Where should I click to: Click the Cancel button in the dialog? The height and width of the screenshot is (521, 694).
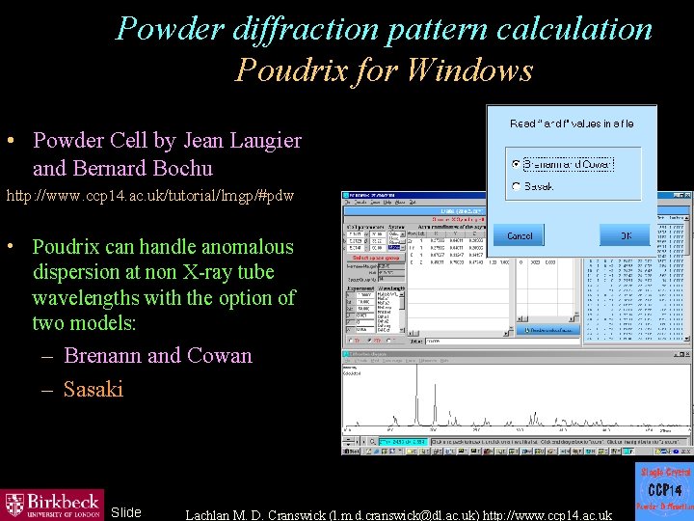[520, 235]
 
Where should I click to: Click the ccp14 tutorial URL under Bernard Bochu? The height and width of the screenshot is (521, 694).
[150, 196]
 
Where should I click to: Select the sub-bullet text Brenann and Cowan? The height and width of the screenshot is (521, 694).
[158, 355]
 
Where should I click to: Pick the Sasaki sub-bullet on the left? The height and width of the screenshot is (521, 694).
[93, 389]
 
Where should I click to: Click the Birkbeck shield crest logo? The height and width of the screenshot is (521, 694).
[14, 505]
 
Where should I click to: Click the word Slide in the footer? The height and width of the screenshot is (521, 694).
[126, 512]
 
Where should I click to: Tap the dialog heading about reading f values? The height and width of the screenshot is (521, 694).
[572, 123]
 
